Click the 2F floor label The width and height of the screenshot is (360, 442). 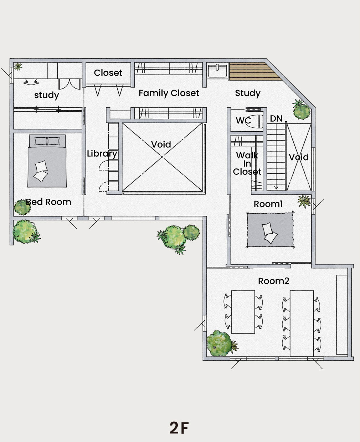coord(179,428)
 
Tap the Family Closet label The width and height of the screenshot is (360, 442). coord(169,93)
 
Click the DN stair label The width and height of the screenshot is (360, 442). coord(276,119)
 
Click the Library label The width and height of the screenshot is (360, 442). coord(102,154)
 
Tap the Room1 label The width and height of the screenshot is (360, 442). coord(268,204)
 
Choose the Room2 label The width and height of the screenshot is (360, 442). coord(273,281)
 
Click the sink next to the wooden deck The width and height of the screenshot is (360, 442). coord(217,71)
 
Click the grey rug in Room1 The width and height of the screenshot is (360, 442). coord(270,230)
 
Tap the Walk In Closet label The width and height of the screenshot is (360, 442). coord(247,163)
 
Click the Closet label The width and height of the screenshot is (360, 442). coord(108,73)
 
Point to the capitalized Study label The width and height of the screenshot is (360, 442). coord(248,93)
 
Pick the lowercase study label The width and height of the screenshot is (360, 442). coord(46,95)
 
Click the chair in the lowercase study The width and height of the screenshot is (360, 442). coord(31,82)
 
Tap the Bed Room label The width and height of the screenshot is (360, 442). coord(48,202)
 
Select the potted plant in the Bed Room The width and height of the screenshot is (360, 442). coord(22,207)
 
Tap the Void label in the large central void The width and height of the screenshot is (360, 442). coord(161,144)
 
